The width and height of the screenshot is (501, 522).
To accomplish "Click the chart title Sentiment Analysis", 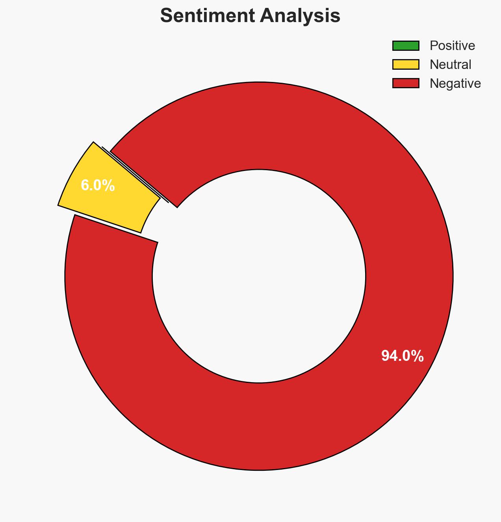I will pos(250,16).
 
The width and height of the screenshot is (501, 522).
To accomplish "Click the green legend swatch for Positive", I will pos(405,46).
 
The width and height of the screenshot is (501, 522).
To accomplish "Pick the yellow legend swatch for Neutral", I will pos(405,65).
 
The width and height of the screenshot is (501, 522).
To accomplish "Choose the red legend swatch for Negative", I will pos(405,83).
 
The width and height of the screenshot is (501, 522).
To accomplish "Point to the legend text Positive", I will pos(452,46).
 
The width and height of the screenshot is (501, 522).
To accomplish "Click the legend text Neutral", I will pos(450,65).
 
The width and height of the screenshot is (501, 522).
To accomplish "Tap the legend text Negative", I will pos(455,84).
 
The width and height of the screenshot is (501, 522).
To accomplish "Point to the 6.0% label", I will pos(98,186).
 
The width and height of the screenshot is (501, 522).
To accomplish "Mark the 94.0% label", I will pos(402,356).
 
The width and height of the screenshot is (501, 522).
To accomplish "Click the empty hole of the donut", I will pos(259,276).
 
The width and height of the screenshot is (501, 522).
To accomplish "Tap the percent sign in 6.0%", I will pos(109,186).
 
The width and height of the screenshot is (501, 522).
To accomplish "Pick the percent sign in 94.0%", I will pos(417,356).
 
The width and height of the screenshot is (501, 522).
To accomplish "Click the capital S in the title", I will pos(167,16).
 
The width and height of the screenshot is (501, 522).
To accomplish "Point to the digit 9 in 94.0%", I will pos(385,356).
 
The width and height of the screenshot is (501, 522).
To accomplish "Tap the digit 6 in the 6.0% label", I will pos(84,186).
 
